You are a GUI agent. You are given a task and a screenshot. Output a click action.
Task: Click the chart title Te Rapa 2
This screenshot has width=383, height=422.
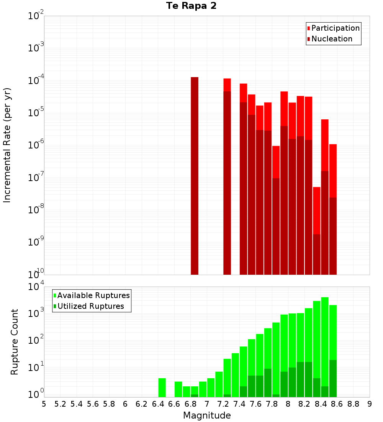[191, 6]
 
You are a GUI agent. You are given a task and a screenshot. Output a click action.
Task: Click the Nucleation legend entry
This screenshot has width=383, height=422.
[331, 39]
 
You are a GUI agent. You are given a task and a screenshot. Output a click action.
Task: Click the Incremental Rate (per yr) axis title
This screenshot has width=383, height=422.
[7, 145]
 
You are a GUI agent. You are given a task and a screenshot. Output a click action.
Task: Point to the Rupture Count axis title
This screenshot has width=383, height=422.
[15, 342]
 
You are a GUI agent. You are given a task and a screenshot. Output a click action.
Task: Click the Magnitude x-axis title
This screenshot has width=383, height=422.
[207, 415]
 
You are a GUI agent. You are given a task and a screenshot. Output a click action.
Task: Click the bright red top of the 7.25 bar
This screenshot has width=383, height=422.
[227, 85]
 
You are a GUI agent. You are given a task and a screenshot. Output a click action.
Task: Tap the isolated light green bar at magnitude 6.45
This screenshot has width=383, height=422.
[162, 387]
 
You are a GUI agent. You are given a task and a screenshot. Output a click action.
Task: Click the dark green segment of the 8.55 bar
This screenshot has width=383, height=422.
[333, 378]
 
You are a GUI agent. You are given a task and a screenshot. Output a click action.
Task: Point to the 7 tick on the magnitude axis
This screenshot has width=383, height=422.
[207, 404]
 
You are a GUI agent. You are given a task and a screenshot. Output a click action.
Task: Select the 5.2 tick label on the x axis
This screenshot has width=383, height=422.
[60, 404]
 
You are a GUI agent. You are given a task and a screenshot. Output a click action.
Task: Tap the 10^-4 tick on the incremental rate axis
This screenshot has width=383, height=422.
[36, 81]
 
